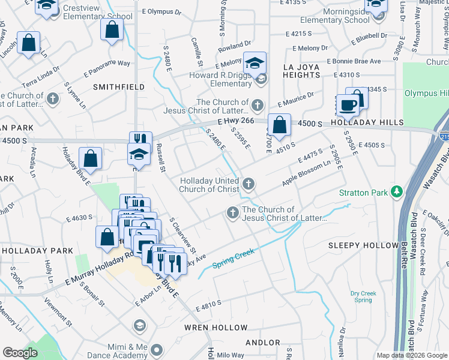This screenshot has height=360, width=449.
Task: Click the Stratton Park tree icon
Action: (396, 192)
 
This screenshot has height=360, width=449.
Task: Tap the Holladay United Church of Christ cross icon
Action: (247, 183)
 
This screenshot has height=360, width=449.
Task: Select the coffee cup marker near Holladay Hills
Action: (348, 106)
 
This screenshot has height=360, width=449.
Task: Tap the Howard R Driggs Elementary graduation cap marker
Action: (255, 62)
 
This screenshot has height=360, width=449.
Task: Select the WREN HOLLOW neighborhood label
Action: (215, 328)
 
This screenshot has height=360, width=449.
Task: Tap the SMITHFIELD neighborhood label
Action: (119, 87)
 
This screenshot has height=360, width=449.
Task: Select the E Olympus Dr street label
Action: (161, 11)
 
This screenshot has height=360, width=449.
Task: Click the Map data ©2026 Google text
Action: (411, 355)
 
